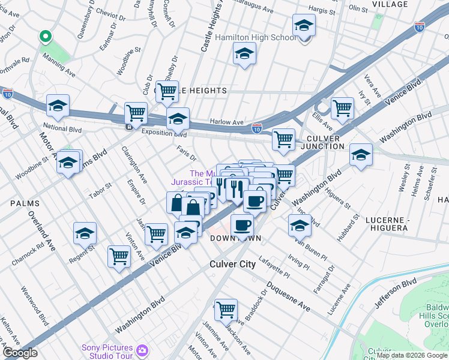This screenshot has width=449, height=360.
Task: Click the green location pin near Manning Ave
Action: pyautogui.click(x=45, y=37)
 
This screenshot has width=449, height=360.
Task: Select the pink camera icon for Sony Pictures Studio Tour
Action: pyautogui.click(x=142, y=350)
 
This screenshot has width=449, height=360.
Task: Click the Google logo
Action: pyautogui.click(x=20, y=353)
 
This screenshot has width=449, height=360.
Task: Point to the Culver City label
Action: pyautogui.click(x=234, y=265)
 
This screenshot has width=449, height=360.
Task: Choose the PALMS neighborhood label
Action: pyautogui.click(x=25, y=204)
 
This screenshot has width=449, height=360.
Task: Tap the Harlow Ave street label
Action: pyautogui.click(x=227, y=122)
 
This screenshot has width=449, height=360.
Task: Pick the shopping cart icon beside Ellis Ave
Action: pyautogui.click(x=342, y=108)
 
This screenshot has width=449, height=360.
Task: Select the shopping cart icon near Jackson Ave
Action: pyautogui.click(x=226, y=309)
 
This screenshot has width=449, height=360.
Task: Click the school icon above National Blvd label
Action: pyautogui.click(x=58, y=106)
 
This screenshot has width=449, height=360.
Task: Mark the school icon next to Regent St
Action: pyautogui.click(x=85, y=233)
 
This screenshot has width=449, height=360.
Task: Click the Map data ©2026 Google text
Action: pyautogui.click(x=412, y=355)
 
